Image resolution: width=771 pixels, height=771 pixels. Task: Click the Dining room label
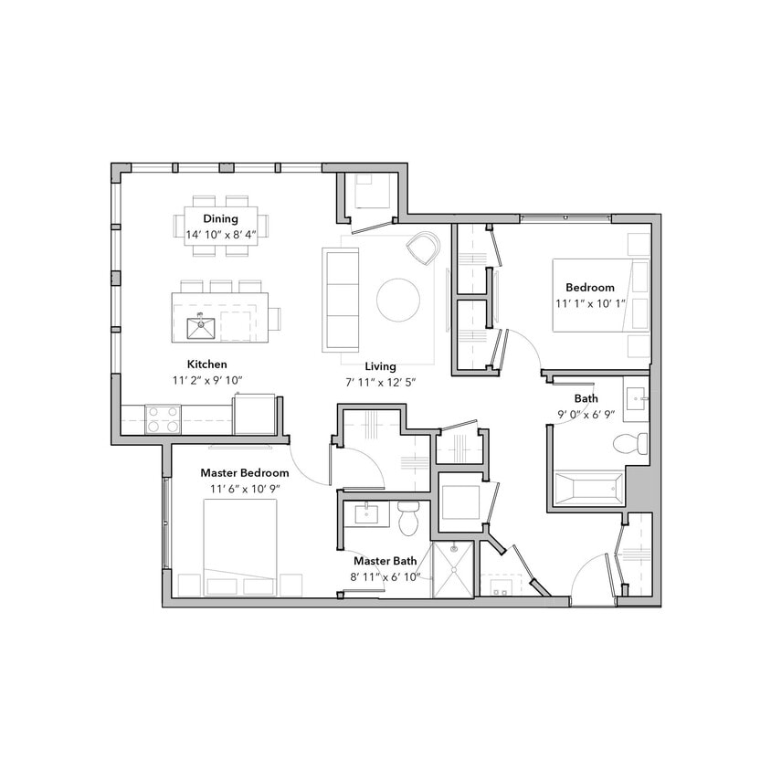[x=221, y=218]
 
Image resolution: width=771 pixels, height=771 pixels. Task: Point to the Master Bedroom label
[x=245, y=473]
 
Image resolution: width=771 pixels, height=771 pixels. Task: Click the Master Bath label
[x=380, y=561]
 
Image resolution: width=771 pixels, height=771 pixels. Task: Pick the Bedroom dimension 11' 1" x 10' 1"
[x=589, y=302]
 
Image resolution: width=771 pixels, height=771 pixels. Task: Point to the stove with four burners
[x=163, y=418]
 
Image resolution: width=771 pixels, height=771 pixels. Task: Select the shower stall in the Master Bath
[x=453, y=569]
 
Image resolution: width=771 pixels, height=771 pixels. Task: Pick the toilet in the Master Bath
[x=408, y=518]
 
